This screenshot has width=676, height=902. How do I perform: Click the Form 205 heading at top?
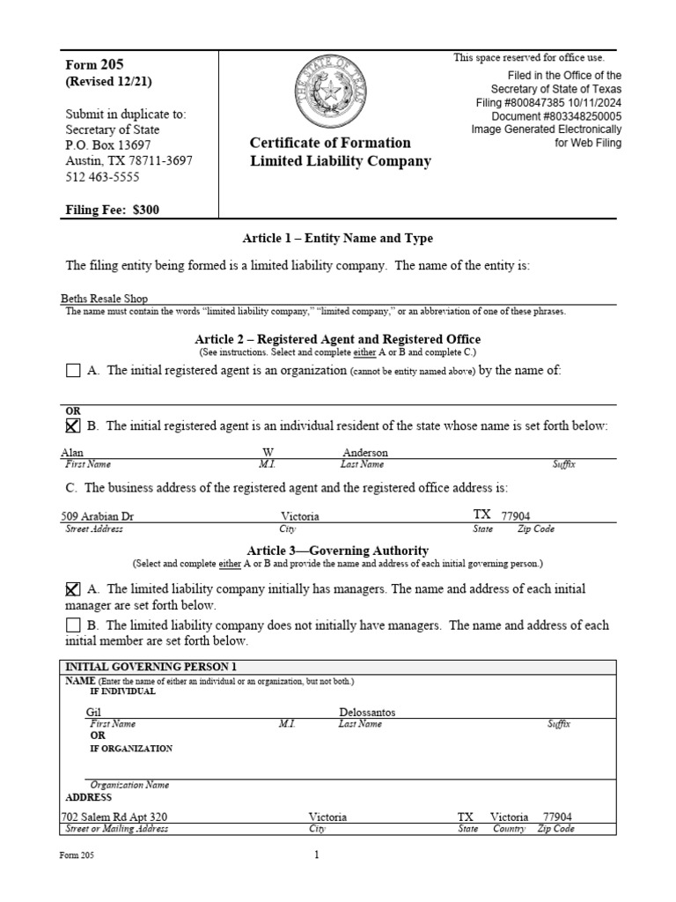(x=95, y=64)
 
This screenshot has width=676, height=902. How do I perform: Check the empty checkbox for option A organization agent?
(x=73, y=371)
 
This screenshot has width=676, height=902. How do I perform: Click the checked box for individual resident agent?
(x=73, y=426)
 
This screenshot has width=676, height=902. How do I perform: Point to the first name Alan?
(x=72, y=453)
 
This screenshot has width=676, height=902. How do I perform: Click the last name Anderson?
(x=364, y=453)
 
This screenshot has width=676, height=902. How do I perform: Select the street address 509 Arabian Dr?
(x=97, y=516)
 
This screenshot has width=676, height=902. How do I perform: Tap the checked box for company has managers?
(x=73, y=589)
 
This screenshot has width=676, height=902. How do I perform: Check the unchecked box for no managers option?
(x=73, y=625)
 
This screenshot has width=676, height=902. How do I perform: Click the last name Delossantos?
(x=368, y=712)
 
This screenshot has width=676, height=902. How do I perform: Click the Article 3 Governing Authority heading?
(x=338, y=551)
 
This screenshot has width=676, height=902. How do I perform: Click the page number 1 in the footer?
(x=317, y=854)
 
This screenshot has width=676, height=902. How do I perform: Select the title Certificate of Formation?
(x=330, y=143)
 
